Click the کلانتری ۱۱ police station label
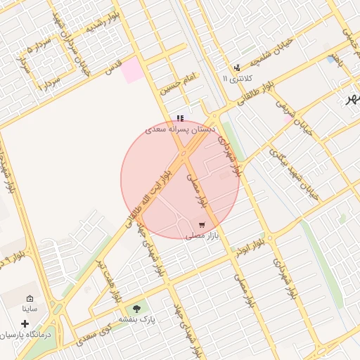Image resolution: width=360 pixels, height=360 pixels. (236, 78)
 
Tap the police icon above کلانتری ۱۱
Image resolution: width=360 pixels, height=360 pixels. (237, 68)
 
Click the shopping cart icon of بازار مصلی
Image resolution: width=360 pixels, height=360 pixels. (202, 225)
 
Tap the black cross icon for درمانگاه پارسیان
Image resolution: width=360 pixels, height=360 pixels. (25, 324)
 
